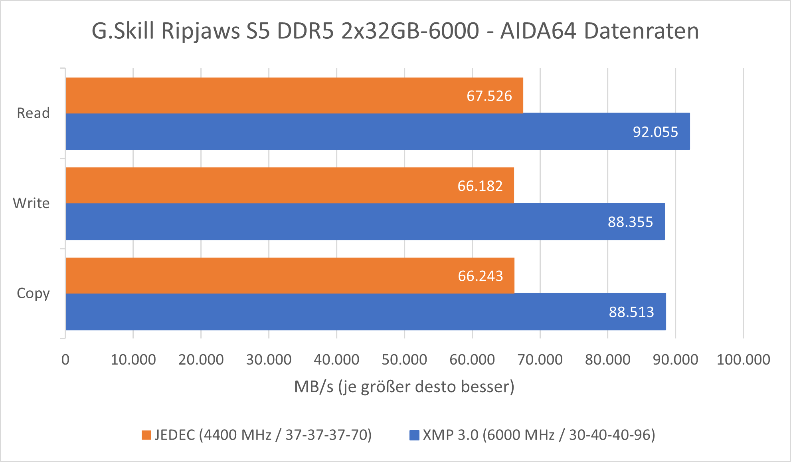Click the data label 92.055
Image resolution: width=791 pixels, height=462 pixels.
655,132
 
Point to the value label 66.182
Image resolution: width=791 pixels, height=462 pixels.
480,186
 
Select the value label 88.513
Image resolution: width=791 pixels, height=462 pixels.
631,312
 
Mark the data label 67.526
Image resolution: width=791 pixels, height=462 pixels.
489,96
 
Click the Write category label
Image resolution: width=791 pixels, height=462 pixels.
31,203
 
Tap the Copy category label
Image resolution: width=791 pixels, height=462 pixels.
33,293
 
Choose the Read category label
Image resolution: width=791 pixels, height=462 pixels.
33,113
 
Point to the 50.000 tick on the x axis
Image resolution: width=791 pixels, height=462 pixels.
404,359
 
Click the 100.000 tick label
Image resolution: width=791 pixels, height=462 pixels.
743,359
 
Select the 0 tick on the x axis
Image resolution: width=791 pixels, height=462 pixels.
65,359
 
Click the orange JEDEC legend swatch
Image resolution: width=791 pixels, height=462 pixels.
146,435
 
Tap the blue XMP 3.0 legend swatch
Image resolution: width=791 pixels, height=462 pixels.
414,435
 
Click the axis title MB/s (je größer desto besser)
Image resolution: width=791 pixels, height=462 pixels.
404,387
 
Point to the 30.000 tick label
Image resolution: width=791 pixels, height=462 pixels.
269,359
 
